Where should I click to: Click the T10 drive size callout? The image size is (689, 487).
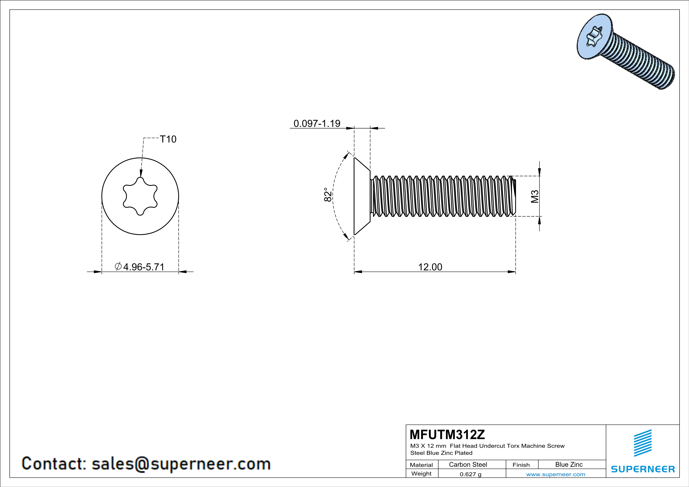(168, 139)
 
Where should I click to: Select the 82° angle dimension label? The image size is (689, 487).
(328, 195)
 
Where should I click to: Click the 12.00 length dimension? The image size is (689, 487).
(430, 267)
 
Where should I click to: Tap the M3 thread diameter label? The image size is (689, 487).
(535, 196)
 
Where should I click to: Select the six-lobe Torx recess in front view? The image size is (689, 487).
(140, 196)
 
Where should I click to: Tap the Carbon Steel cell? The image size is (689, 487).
(468, 464)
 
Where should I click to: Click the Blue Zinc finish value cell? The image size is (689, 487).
(569, 464)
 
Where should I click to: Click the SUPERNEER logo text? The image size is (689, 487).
(643, 469)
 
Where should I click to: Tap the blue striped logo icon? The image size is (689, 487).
(642, 443)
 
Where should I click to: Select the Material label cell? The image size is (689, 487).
(421, 465)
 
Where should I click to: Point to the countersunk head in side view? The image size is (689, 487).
(362, 196)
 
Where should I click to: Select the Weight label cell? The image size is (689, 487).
(421, 474)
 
